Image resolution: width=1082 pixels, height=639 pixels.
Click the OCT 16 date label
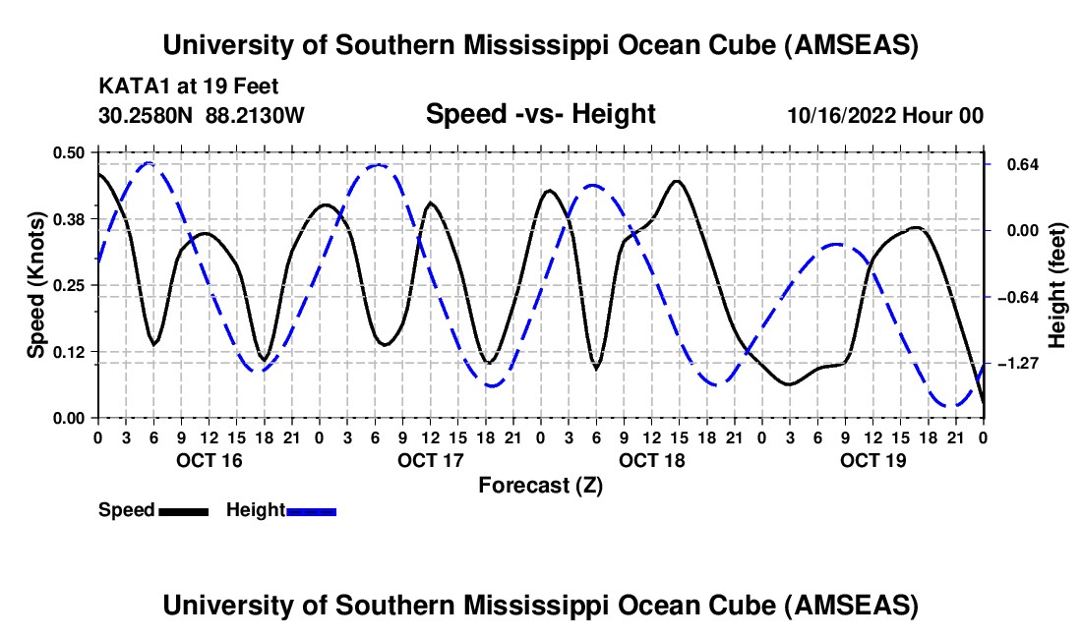(x=209, y=460)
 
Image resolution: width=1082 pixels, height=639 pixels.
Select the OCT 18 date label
(x=652, y=460)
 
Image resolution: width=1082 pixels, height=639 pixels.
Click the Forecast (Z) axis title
(x=540, y=485)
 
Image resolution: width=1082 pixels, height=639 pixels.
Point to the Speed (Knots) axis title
(x=35, y=285)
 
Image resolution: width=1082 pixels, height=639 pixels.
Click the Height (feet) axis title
(x=1057, y=285)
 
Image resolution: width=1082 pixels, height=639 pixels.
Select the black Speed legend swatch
(x=183, y=511)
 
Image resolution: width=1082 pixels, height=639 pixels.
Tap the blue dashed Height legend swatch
(x=312, y=511)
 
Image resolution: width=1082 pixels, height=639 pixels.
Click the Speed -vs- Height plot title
(x=540, y=115)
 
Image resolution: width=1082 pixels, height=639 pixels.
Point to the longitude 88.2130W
(x=256, y=116)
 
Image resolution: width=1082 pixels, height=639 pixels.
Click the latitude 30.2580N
(x=148, y=116)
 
